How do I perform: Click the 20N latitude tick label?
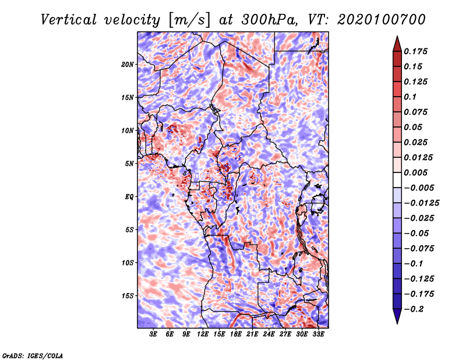128,64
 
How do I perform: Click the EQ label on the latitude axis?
129,197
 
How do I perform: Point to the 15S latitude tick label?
128,296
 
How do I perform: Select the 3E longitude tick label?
154,334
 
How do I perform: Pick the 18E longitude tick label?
236,334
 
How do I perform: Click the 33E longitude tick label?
318,334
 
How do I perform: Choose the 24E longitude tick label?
269,334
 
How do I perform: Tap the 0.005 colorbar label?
417,172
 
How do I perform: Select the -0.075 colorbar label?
419,248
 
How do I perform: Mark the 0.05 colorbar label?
414,127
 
